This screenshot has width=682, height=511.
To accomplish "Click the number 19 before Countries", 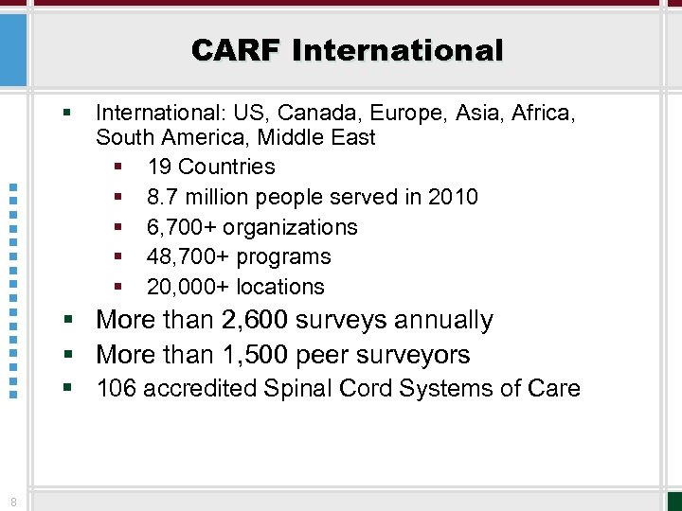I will pyautogui.click(x=159, y=167).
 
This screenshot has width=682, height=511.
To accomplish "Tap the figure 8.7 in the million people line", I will pyautogui.click(x=163, y=197).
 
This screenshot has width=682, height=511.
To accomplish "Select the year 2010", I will pyautogui.click(x=453, y=197).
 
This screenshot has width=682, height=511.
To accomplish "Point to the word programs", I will pyautogui.click(x=284, y=256).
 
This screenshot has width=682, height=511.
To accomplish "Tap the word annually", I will pyautogui.click(x=443, y=321).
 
